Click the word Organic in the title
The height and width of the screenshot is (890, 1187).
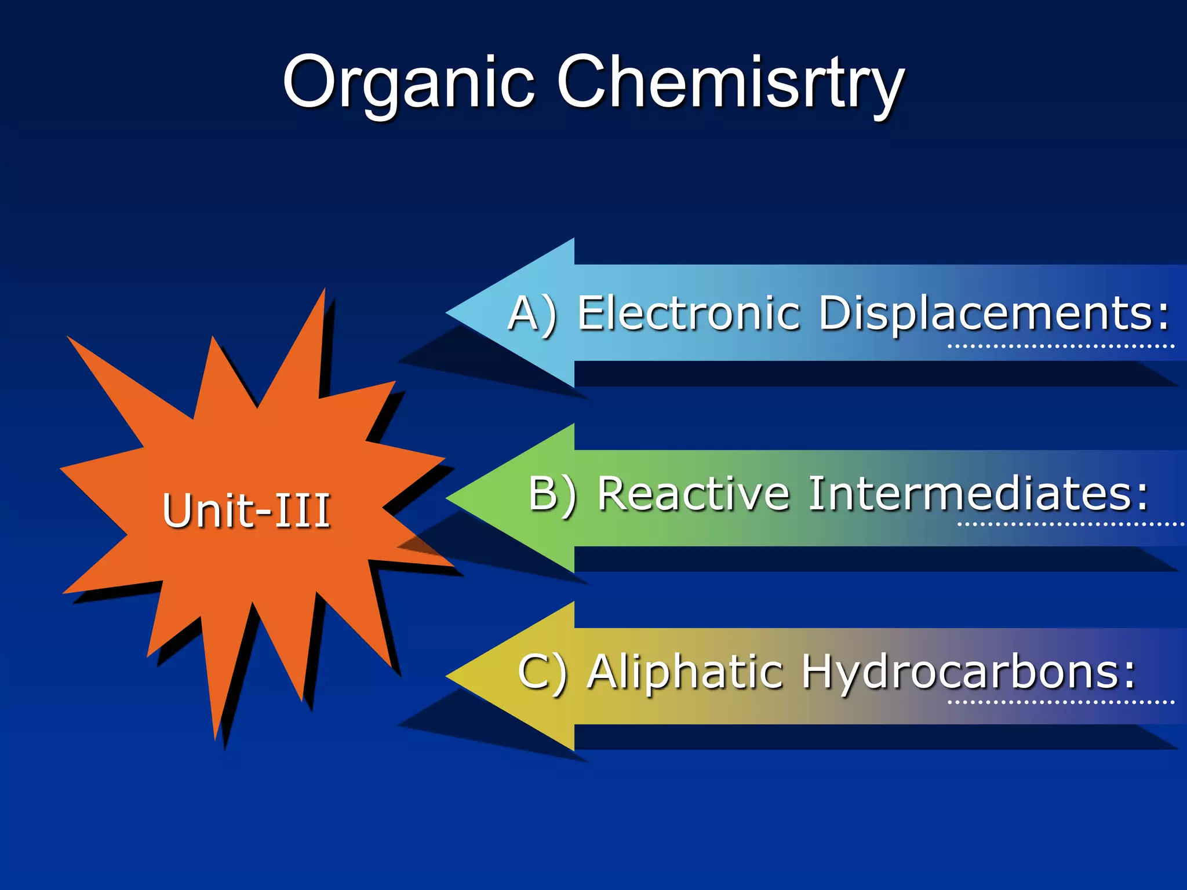click(x=408, y=84)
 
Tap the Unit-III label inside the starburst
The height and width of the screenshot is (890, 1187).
click(x=246, y=510)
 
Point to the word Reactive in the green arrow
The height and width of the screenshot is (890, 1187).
click(x=693, y=494)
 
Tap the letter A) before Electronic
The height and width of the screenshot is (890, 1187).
click(x=532, y=314)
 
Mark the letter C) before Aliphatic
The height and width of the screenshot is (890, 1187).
click(x=542, y=672)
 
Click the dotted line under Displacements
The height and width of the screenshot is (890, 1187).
click(x=1061, y=346)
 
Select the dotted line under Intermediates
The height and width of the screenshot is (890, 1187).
click(x=1070, y=524)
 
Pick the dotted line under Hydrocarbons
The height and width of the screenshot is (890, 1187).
click(x=1061, y=702)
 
